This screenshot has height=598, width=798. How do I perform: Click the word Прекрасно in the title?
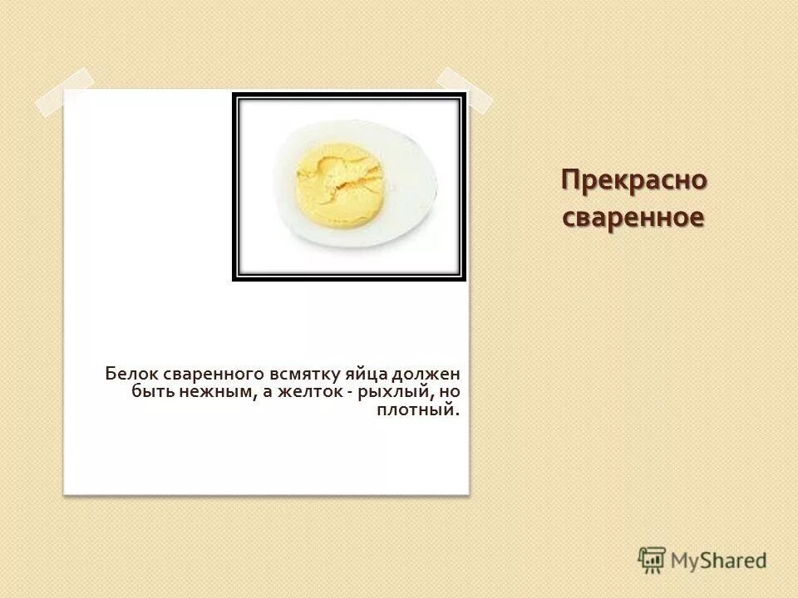(x=634, y=180)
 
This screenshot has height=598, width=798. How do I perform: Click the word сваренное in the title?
(x=634, y=218)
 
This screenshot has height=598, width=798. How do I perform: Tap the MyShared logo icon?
(x=652, y=560)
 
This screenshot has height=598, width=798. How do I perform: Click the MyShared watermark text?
(x=720, y=561)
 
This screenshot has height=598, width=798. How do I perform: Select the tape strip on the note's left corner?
(x=64, y=92)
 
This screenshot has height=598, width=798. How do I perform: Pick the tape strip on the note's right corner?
(x=464, y=89)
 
